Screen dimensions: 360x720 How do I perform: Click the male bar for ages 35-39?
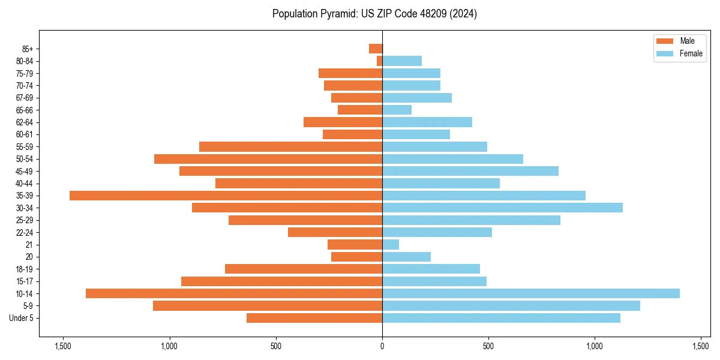click(226, 196)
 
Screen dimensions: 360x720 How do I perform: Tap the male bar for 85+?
click(376, 49)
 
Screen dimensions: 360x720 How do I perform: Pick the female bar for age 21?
click(391, 244)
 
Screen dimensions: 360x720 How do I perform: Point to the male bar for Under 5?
click(314, 318)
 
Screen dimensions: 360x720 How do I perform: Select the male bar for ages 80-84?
click(379, 61)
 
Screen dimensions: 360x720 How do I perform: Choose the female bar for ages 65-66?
click(397, 110)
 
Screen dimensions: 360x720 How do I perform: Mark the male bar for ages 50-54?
click(268, 159)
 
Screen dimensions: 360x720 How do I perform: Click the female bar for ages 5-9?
click(511, 305)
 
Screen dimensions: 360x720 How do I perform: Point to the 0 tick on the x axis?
click(382, 346)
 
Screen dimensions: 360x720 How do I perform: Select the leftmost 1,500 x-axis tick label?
click(63, 346)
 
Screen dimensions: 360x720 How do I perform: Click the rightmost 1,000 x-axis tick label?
click(595, 346)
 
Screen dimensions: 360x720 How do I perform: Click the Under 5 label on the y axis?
click(22, 318)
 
